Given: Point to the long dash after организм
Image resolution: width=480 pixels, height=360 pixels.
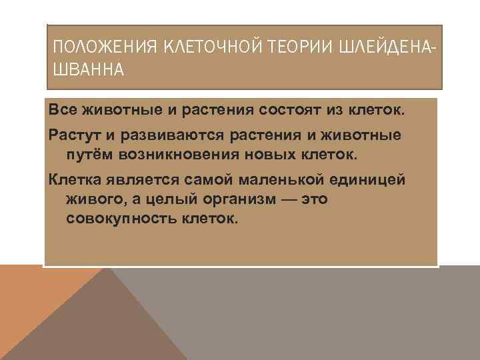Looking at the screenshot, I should tap(287, 199).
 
